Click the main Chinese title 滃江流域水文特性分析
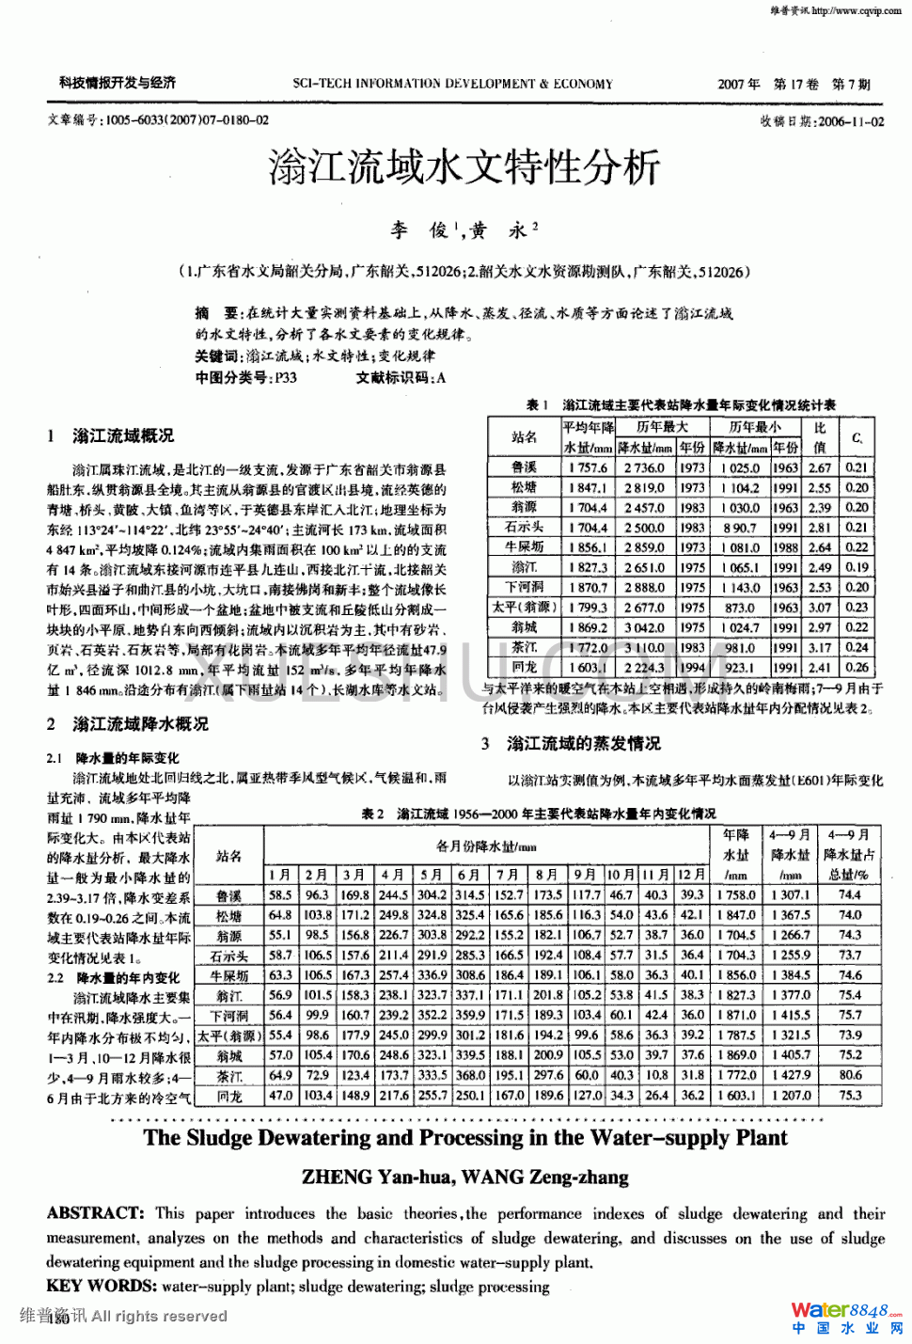(x=464, y=168)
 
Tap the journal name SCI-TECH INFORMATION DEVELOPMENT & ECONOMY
(x=452, y=84)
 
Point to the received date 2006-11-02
(x=851, y=121)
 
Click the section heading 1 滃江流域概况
(x=111, y=435)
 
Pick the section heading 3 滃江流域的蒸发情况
(x=572, y=743)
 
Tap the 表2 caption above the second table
(x=538, y=814)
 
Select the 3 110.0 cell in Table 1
(x=644, y=647)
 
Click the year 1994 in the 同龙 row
(x=692, y=668)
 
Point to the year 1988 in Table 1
(x=785, y=547)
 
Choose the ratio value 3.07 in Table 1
(x=820, y=608)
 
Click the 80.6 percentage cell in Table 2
(x=850, y=1074)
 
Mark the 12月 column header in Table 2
(x=691, y=875)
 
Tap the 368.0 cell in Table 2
(x=469, y=1074)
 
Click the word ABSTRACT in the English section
(x=95, y=1213)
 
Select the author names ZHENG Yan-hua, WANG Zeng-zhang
(x=464, y=1177)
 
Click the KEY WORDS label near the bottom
(x=101, y=1286)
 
